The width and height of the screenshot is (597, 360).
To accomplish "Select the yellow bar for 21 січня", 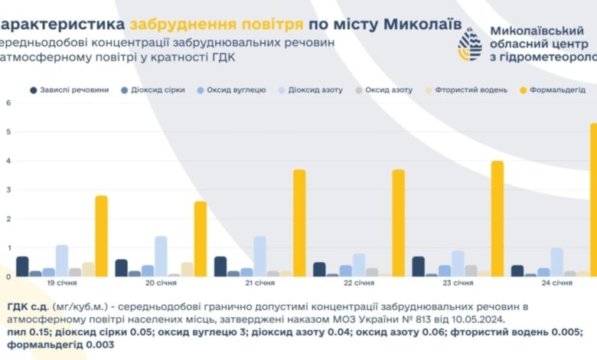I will click(x=299, y=223).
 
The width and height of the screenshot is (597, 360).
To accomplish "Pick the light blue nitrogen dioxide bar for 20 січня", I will click(x=161, y=256).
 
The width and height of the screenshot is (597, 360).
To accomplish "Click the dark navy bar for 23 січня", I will click(x=418, y=267).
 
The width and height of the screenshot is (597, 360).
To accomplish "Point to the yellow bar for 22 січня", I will click(x=398, y=223).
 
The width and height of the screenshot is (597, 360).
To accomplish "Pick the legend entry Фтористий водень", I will click(x=464, y=90).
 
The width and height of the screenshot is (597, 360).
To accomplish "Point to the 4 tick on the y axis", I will click(x=8, y=162).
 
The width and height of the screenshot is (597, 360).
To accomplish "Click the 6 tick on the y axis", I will click(x=8, y=103).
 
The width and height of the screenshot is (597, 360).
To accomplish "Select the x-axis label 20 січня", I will click(x=161, y=283).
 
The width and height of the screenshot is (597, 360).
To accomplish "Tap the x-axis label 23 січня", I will click(x=458, y=283).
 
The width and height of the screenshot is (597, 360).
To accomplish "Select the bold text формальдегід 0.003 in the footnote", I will click(x=57, y=345).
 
